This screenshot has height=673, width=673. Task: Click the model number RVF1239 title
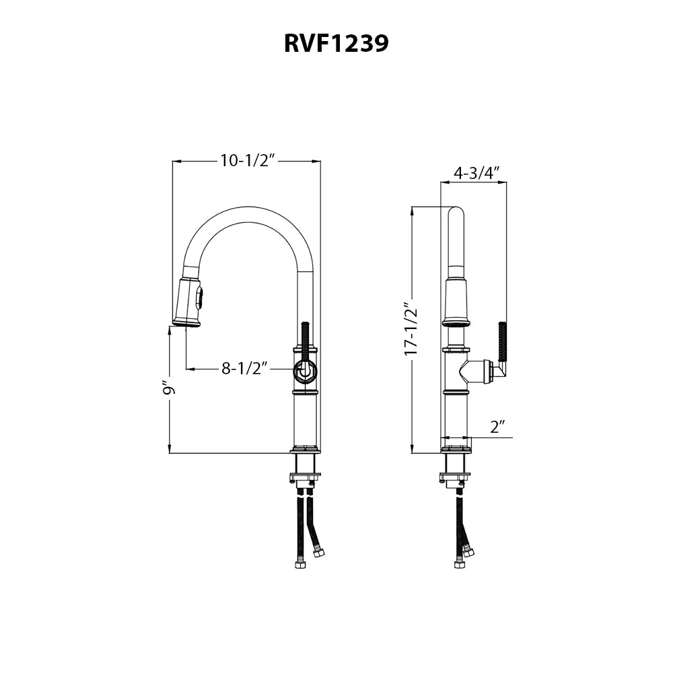pos(336,43)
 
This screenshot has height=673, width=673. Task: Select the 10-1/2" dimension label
pos(248,161)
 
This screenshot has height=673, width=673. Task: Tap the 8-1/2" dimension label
pos(245,368)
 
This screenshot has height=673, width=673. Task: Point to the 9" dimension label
pos(168,389)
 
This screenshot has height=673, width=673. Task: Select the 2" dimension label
pos(497,427)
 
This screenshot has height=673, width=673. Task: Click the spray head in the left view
pos(188,301)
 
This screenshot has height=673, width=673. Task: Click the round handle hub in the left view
pos(304,369)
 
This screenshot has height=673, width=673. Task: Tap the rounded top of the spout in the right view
pos(456,215)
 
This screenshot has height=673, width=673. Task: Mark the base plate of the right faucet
pos(456,449)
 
